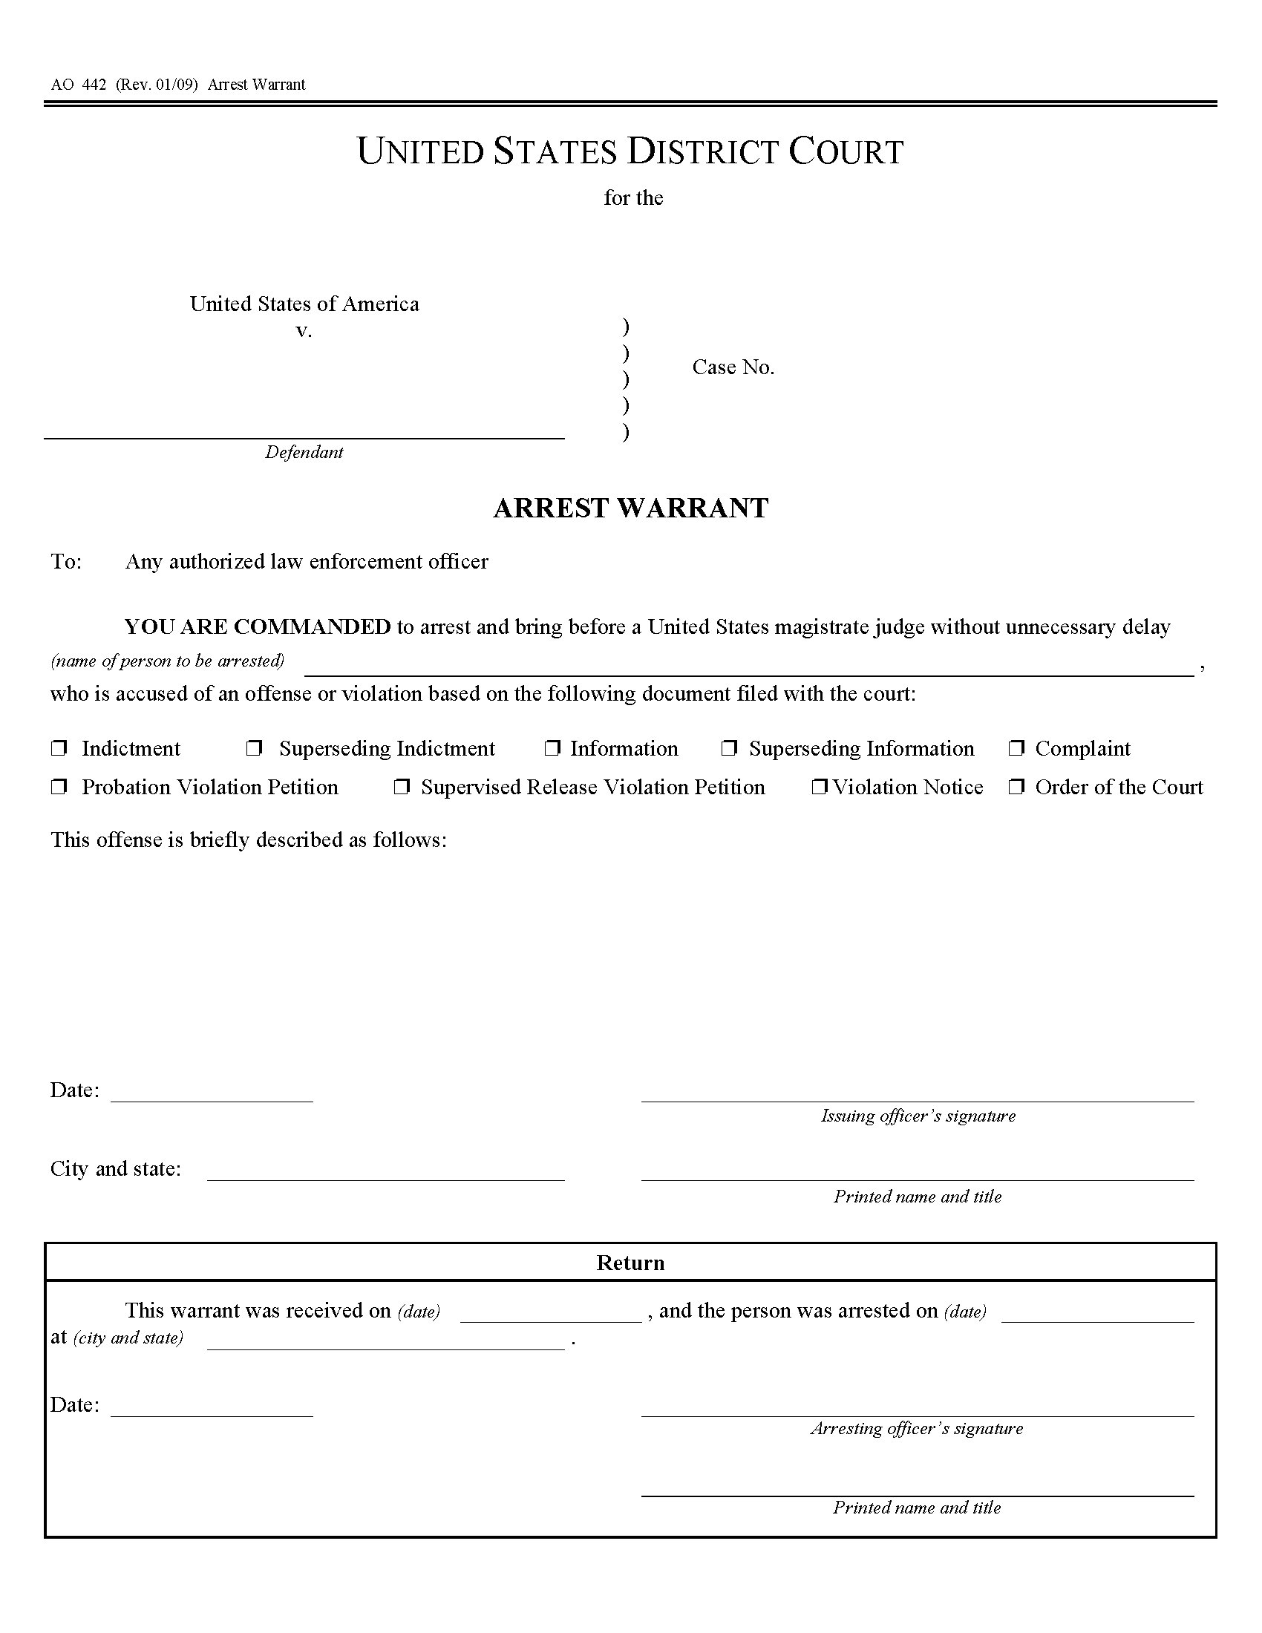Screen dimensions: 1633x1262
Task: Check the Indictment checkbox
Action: pos(59,747)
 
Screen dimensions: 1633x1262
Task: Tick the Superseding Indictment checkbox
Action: pos(255,747)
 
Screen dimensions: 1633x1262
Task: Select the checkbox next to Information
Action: pos(552,747)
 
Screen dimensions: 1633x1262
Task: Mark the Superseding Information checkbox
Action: pos(729,747)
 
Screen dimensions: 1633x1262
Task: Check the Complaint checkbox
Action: pos(1016,747)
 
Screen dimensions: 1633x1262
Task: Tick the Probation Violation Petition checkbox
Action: pos(59,787)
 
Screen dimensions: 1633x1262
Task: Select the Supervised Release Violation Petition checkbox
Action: pos(402,787)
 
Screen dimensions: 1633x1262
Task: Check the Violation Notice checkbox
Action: pos(820,787)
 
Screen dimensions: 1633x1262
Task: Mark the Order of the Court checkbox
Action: pos(1016,787)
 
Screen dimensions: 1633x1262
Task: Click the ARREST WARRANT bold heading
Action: pos(630,508)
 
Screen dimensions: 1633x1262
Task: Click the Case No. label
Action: pos(733,367)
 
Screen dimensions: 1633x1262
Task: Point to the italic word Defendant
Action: pos(304,452)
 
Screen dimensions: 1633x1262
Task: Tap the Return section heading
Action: pos(630,1263)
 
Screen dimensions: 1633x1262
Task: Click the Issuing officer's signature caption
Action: pos(918,1116)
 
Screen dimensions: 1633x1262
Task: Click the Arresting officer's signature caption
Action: pos(917,1428)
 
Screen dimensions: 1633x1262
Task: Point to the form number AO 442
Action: pos(79,85)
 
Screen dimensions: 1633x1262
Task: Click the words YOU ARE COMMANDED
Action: pos(257,626)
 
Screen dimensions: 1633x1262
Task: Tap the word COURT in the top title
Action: pos(846,151)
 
